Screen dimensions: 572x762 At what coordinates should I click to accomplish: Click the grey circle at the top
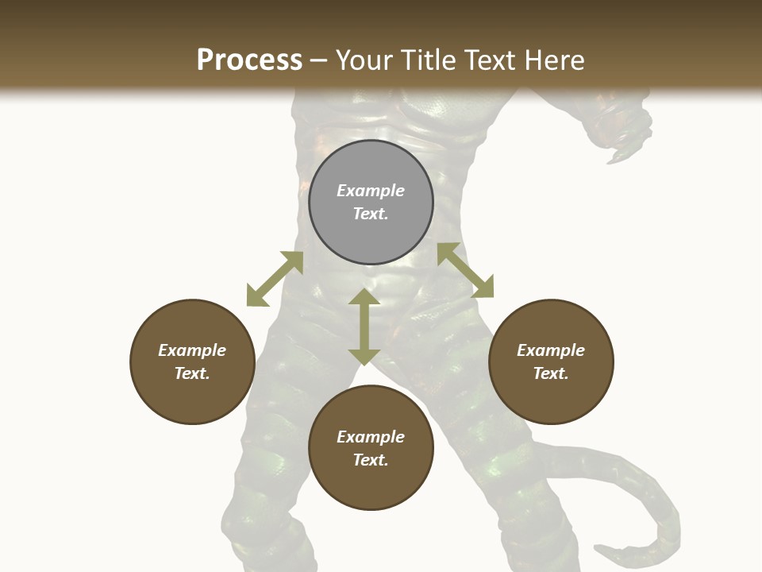371,202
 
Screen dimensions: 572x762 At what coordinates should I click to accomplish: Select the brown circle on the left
192,361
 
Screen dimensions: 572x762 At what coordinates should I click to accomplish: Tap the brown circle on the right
551,361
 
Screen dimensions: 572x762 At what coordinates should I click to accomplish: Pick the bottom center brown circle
371,448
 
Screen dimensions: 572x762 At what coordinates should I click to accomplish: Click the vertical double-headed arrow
364,327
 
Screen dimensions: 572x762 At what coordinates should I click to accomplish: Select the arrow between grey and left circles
275,279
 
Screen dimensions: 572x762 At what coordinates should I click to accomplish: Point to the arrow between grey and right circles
465,270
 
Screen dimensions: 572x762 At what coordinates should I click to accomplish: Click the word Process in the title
249,60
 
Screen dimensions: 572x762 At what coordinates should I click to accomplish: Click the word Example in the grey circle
371,191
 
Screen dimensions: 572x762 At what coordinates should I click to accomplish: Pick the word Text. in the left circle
192,373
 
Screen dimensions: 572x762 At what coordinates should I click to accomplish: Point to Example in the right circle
551,350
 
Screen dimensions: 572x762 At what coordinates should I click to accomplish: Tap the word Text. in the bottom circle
371,460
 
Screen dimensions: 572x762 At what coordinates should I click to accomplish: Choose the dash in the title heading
318,61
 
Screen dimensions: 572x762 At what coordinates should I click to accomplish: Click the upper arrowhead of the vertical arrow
364,297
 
